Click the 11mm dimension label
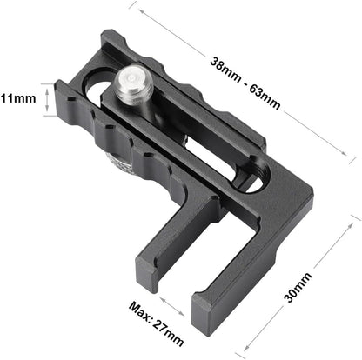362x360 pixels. pos(17,97)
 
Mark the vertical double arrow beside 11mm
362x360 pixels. pos(48,98)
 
